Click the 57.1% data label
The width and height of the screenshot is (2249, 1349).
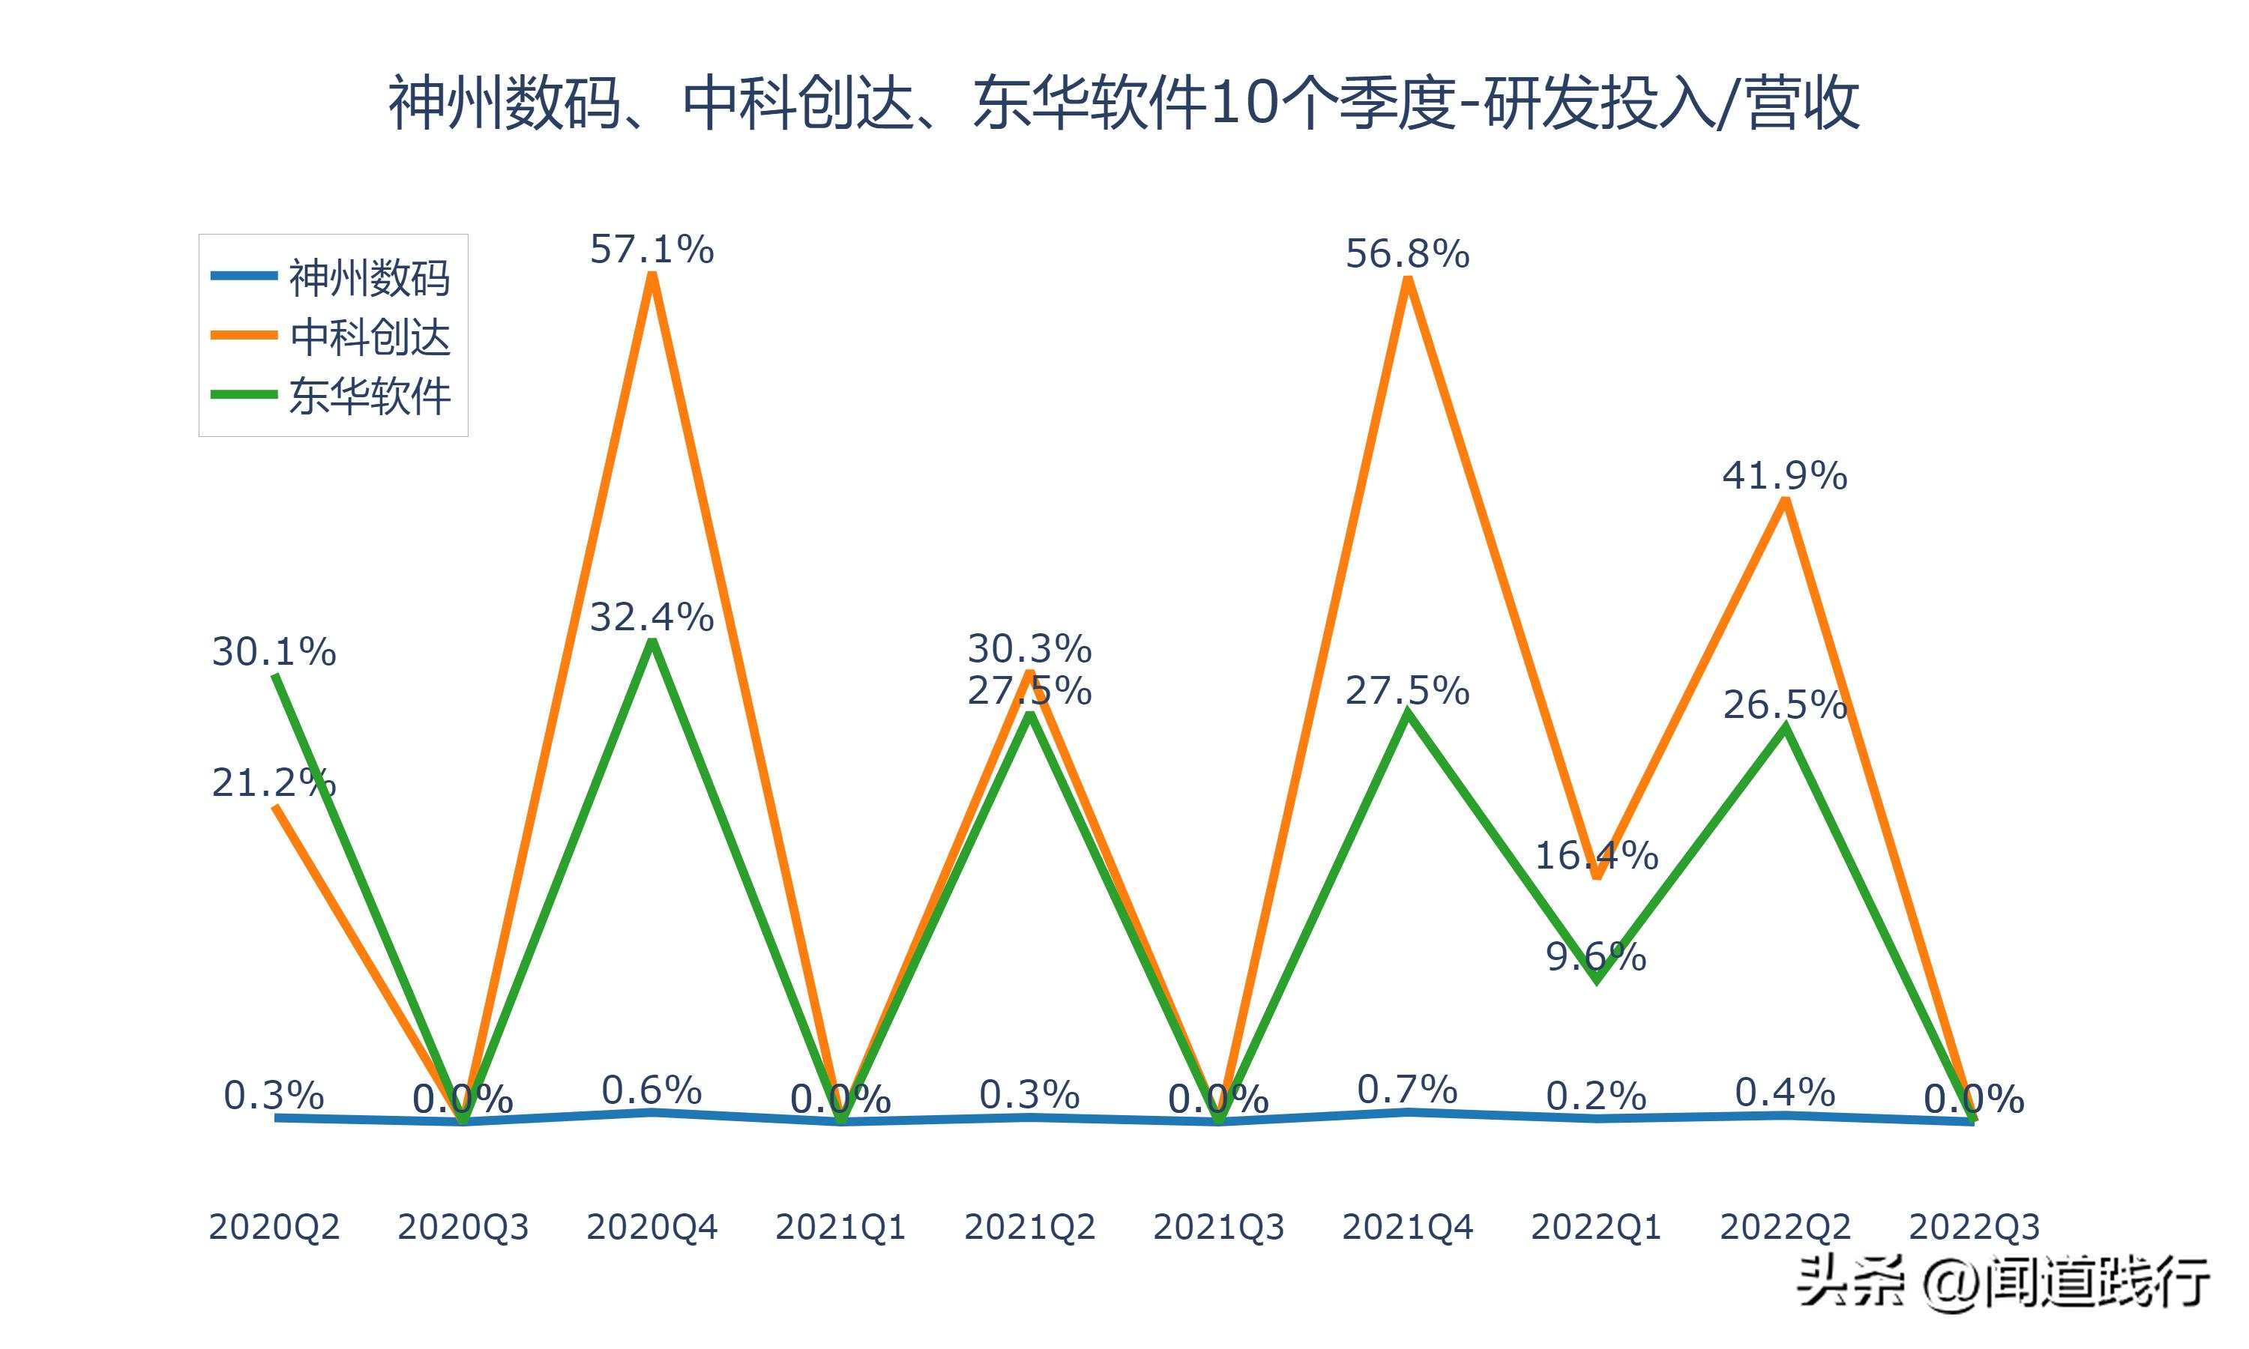click(x=651, y=249)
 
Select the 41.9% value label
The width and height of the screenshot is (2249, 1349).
click(x=1784, y=475)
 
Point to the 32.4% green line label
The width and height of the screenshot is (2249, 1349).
click(x=651, y=618)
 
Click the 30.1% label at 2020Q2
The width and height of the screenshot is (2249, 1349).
click(x=274, y=652)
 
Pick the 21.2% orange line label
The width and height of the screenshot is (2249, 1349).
click(x=274, y=782)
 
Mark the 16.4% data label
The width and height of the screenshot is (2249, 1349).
click(x=1596, y=855)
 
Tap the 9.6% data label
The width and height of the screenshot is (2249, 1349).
click(x=1596, y=957)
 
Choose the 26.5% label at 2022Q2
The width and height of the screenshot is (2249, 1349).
click(x=1784, y=705)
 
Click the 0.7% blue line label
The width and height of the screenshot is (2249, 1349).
click(x=1406, y=1089)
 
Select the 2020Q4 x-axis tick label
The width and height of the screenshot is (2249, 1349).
click(x=651, y=1227)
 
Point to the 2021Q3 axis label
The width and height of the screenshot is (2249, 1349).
click(x=1218, y=1227)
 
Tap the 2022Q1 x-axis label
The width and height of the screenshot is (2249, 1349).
click(x=1596, y=1227)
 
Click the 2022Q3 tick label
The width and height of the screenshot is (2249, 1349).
click(x=1974, y=1227)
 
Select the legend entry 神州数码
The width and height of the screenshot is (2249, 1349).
click(x=369, y=277)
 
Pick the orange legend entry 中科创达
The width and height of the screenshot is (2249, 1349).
click(x=369, y=337)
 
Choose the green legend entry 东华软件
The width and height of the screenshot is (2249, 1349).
click(x=369, y=396)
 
